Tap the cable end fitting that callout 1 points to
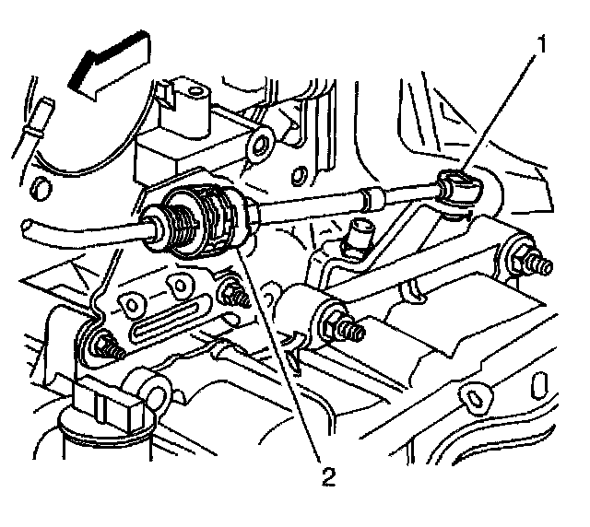pos(455,190)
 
